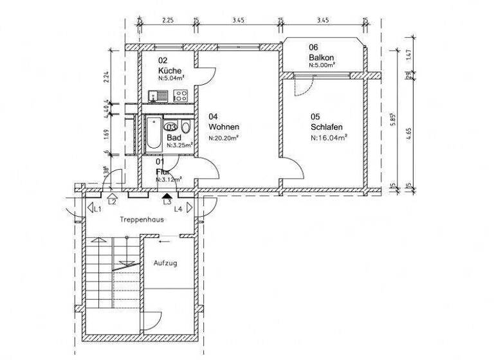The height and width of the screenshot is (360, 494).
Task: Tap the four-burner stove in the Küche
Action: click(181, 96)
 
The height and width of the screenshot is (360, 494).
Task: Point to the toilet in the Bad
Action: click(186, 126)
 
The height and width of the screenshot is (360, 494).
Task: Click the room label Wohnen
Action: click(223, 127)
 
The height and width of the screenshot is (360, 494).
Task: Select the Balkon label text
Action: click(320, 57)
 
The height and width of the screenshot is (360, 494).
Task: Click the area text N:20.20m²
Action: click(224, 138)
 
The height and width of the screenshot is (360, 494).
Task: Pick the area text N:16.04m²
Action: click(329, 137)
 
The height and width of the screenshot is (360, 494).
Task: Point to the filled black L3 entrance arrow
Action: click(167, 195)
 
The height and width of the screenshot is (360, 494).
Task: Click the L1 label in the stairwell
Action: click(98, 209)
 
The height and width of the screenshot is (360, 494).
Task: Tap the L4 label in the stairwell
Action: click(178, 209)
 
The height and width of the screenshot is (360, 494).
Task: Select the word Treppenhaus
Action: click(142, 219)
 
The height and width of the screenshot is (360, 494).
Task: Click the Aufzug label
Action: click(164, 263)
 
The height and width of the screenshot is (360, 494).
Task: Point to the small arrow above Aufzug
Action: click(165, 242)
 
